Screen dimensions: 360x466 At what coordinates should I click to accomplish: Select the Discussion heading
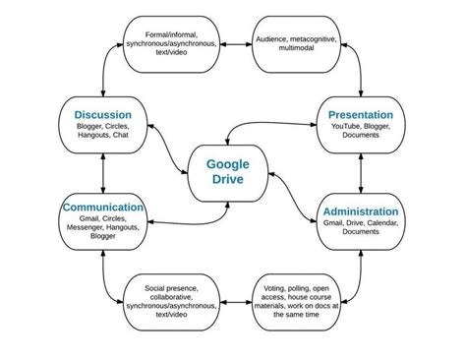point(102,115)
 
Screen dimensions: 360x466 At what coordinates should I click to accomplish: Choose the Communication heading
point(103,208)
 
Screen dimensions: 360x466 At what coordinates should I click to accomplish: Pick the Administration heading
point(360,210)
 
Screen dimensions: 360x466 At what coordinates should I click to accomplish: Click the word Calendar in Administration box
point(378,223)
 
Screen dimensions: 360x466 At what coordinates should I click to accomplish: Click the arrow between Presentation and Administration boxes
point(362,169)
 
